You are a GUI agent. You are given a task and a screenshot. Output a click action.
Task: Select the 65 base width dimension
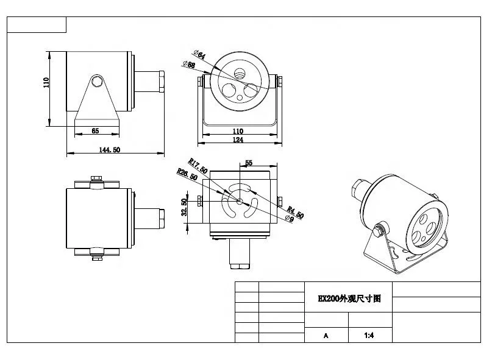click(95, 131)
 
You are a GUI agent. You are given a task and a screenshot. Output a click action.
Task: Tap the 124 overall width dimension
click(238, 140)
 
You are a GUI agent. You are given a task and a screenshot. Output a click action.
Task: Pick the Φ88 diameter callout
click(189, 64)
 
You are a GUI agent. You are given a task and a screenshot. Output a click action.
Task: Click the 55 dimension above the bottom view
click(248, 163)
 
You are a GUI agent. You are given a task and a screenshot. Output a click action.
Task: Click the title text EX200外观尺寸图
click(348, 299)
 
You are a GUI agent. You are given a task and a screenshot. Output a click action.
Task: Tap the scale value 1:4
click(369, 335)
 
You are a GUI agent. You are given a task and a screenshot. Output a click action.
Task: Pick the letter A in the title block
click(326, 335)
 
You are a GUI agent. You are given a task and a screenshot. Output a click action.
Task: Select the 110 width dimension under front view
click(238, 131)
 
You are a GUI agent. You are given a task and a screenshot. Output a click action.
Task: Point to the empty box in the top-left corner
click(37, 25)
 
